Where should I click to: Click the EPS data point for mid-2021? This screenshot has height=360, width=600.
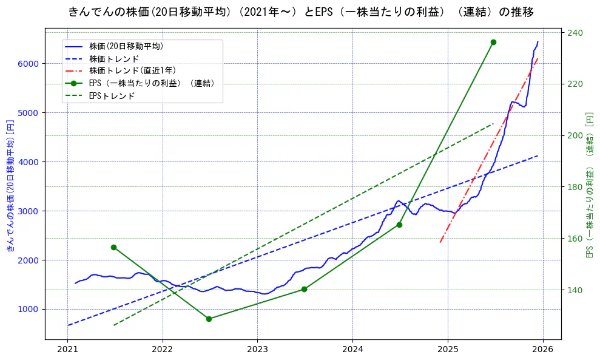click(x=113, y=247)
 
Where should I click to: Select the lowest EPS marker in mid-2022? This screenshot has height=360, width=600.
click(x=209, y=319)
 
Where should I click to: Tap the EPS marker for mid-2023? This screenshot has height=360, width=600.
click(x=304, y=289)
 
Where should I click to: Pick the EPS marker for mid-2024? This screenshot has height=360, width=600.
click(x=399, y=225)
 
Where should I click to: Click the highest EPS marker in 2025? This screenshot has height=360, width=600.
click(x=493, y=42)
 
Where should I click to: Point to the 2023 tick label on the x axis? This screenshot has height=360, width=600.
click(x=257, y=351)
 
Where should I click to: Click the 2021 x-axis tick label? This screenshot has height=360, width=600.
click(x=67, y=351)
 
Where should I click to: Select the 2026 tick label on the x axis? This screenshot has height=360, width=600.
click(x=542, y=351)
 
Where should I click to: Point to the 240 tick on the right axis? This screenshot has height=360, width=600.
click(x=575, y=33)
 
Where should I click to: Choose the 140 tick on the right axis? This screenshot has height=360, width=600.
click(x=575, y=290)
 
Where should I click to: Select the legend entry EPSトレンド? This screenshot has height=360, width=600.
click(x=112, y=96)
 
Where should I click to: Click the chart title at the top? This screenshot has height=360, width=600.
click(x=301, y=12)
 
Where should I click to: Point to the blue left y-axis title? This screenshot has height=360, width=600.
click(x=10, y=185)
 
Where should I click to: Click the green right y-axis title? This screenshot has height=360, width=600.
click(x=590, y=185)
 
